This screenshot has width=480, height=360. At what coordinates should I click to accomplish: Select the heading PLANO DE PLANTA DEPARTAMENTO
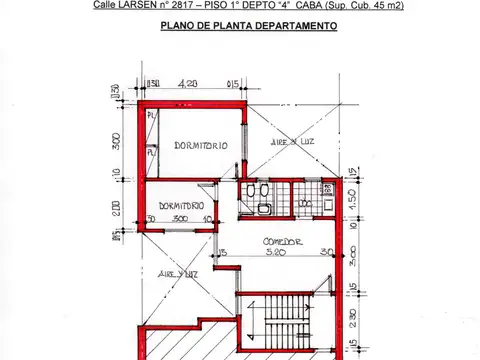(x=247, y=27)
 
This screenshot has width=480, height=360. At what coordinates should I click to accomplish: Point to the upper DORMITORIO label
(x=200, y=146)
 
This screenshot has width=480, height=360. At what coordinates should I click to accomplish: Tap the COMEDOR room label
(x=282, y=242)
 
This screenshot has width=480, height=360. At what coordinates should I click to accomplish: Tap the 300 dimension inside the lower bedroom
(x=180, y=218)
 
